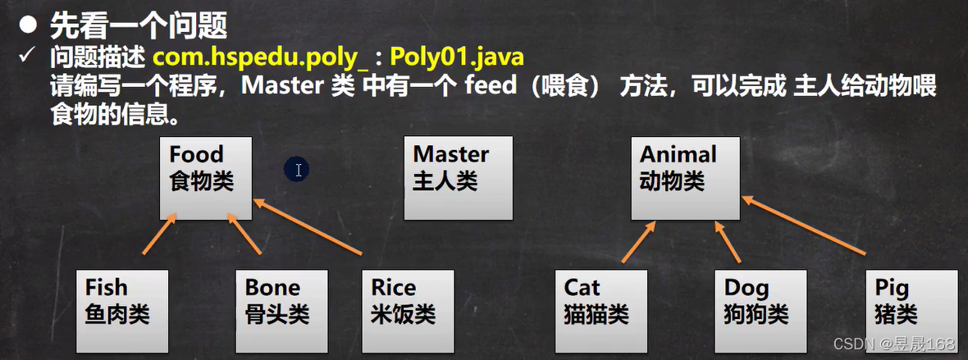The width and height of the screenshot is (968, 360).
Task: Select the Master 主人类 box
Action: click(459, 177)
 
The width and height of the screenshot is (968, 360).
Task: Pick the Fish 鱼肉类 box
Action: click(121, 310)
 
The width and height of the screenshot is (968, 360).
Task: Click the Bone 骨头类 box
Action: click(281, 310)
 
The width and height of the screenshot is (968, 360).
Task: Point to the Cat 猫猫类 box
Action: click(600, 310)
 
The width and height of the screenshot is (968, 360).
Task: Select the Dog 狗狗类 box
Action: click(758, 310)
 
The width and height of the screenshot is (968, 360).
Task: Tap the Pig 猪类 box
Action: click(911, 310)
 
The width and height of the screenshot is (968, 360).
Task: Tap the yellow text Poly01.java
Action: click(457, 58)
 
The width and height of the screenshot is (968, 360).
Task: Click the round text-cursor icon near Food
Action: click(297, 170)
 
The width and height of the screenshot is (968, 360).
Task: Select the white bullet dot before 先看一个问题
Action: click(30, 25)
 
